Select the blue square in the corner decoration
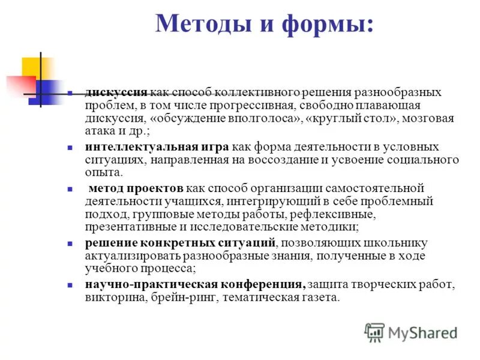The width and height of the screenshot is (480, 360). point(46,90)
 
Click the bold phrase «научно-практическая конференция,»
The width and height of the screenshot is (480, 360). point(195,284)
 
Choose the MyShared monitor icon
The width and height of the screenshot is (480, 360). point(374,332)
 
